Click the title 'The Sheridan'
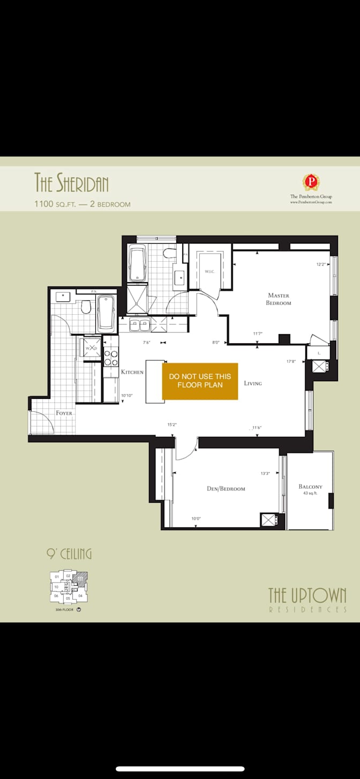click(x=71, y=183)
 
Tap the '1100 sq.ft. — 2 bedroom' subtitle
click(x=82, y=204)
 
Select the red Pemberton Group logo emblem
click(x=311, y=181)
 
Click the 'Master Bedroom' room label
click(x=279, y=299)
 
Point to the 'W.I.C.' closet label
click(x=209, y=271)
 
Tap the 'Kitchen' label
click(x=132, y=372)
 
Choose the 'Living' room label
click(x=252, y=383)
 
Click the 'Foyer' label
click(x=64, y=413)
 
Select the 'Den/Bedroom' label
click(x=226, y=488)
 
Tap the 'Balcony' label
click(x=310, y=487)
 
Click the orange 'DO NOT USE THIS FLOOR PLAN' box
click(x=200, y=381)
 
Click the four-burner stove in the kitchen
click(x=111, y=358)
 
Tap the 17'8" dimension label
click(x=291, y=361)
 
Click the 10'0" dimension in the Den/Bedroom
click(x=197, y=518)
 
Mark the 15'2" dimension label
click(x=172, y=425)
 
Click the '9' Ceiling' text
click(x=69, y=554)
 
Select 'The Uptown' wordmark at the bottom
click(x=307, y=595)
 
